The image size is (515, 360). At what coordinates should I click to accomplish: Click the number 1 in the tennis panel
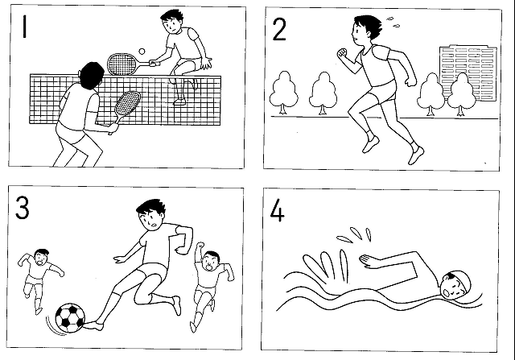pos(24,27)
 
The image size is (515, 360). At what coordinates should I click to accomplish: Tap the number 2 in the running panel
pos(279,30)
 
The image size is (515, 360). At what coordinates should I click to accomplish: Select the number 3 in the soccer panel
pos(23,208)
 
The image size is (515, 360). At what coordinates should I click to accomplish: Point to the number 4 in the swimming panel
pos(277,209)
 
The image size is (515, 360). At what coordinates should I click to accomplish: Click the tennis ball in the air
pos(142,52)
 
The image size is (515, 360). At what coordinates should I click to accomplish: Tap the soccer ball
pos(70,318)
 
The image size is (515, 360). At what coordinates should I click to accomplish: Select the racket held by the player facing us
pos(128,64)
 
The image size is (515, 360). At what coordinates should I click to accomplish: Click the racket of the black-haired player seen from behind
pos(126,110)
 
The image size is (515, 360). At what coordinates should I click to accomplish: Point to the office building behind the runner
pos(468,72)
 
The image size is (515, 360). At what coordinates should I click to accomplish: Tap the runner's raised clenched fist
pos(342,52)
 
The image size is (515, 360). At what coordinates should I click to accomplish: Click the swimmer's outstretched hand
pos(367,261)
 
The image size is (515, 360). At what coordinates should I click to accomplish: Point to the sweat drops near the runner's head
pos(393,22)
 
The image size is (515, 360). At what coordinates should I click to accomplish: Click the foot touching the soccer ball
pos(93,325)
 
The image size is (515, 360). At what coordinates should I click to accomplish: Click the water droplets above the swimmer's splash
pos(354,234)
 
